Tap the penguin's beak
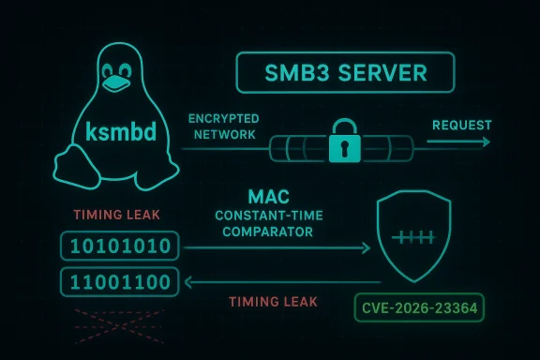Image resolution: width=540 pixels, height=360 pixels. coord(115,82)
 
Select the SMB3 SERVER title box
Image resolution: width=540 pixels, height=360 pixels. coord(344,71)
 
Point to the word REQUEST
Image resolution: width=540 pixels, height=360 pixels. coord(460,125)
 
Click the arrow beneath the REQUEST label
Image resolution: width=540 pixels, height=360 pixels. coord(457,142)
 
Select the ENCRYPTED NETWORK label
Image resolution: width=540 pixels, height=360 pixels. coord(223,127)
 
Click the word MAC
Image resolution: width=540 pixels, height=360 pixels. coord(268,198)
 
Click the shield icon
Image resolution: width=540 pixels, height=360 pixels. coord(416,238)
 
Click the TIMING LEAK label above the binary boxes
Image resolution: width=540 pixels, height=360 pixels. coord(116,215)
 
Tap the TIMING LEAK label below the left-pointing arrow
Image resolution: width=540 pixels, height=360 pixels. coord(274,302)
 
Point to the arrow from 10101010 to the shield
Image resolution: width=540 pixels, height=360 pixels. coord(277,248)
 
